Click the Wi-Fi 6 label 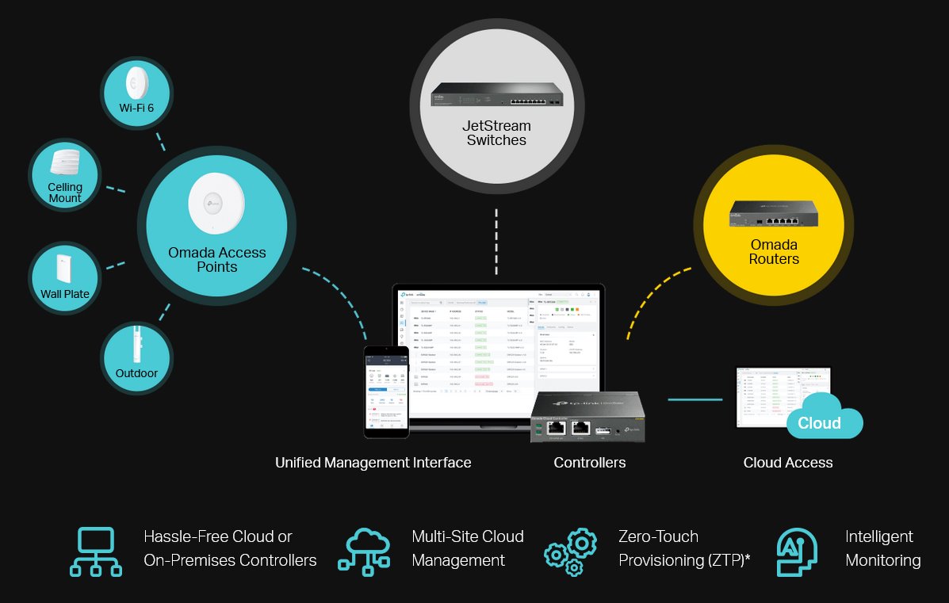(136, 107)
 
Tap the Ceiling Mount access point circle (65, 174)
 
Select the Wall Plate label (65, 294)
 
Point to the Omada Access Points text (216, 260)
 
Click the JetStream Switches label (496, 133)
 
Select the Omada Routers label (774, 252)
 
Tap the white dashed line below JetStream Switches (496, 242)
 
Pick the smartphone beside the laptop (386, 391)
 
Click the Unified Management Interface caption (373, 463)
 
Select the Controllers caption (589, 463)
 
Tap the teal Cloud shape (822, 418)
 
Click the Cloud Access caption (788, 463)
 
